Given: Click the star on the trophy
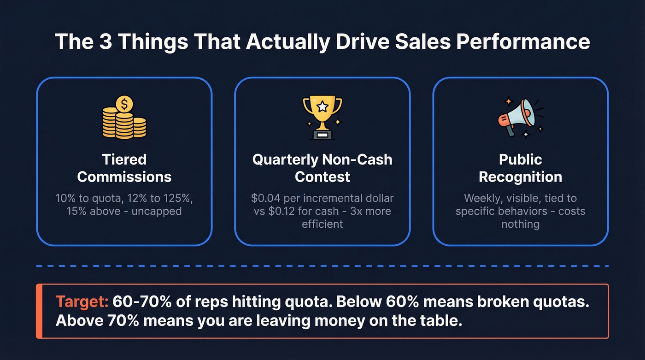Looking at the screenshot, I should (322, 107).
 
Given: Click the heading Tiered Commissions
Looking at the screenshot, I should (124, 168).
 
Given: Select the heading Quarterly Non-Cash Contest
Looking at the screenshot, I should (322, 168).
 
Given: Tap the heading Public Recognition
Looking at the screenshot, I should (520, 168).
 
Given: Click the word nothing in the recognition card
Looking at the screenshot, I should (520, 224).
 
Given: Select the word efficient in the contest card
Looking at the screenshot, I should (322, 224).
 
